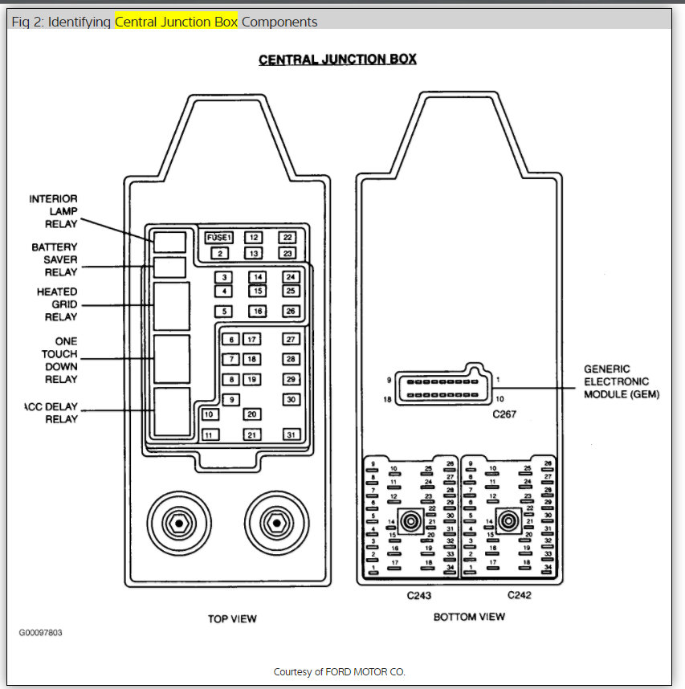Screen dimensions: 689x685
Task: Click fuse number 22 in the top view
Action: tap(287, 238)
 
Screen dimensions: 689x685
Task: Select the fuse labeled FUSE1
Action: tap(218, 238)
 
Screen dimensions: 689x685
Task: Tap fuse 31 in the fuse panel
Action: tap(291, 434)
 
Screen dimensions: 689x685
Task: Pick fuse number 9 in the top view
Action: tap(231, 399)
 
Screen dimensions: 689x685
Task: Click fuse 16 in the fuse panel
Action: tap(258, 311)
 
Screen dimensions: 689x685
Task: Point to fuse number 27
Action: tap(291, 340)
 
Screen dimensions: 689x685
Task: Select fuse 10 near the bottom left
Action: tap(209, 414)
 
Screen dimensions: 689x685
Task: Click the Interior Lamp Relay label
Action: tap(55, 211)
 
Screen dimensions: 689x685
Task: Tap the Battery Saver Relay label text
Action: tap(55, 259)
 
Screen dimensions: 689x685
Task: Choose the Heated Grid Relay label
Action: tap(57, 304)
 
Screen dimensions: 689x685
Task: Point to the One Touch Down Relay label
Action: tap(60, 360)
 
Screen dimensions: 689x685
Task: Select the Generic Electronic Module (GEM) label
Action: tap(621, 382)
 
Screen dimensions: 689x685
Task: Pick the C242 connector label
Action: tap(519, 595)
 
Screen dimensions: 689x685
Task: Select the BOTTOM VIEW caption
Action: tap(469, 617)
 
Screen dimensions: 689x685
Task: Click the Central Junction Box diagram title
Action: tap(337, 59)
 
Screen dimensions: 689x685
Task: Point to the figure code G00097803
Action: tap(41, 633)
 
